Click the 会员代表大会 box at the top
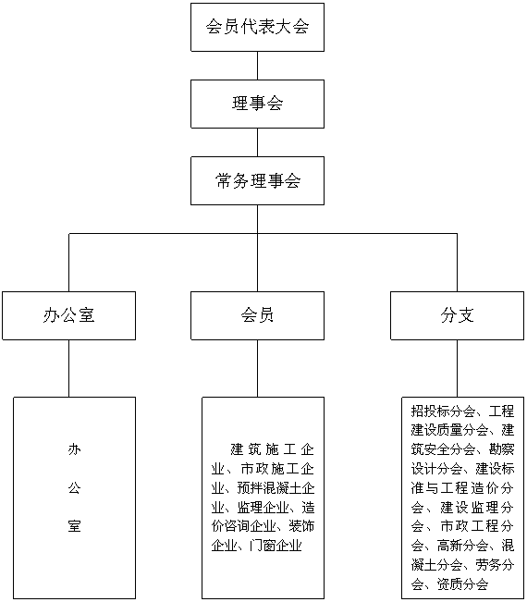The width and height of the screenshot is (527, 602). pyautogui.click(x=257, y=27)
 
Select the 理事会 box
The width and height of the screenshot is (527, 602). pyautogui.click(x=257, y=104)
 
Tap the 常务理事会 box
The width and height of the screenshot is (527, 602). pyautogui.click(x=257, y=180)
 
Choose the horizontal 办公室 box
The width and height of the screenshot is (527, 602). pyautogui.click(x=68, y=315)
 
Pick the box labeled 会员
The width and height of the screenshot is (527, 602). pyautogui.click(x=257, y=315)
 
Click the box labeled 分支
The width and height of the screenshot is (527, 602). pyautogui.click(x=457, y=315)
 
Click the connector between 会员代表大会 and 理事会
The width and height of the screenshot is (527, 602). pyautogui.click(x=257, y=66)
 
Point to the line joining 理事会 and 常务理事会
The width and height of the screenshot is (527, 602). pyautogui.click(x=257, y=142)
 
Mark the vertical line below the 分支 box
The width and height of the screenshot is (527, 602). pyautogui.click(x=457, y=369)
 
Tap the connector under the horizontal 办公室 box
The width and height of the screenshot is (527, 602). pyautogui.click(x=68, y=369)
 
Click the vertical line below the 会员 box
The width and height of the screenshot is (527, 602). pyautogui.click(x=257, y=369)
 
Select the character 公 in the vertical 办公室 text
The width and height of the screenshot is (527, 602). pyautogui.click(x=75, y=487)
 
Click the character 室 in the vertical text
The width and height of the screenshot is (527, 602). pyautogui.click(x=75, y=526)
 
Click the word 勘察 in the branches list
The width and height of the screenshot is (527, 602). pyautogui.click(x=501, y=449)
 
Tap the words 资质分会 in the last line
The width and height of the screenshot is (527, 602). pyautogui.click(x=462, y=584)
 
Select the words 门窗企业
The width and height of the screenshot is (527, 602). pyautogui.click(x=276, y=546)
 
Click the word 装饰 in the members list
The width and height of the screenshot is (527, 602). pyautogui.click(x=301, y=526)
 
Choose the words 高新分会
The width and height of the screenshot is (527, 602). pyautogui.click(x=462, y=546)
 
